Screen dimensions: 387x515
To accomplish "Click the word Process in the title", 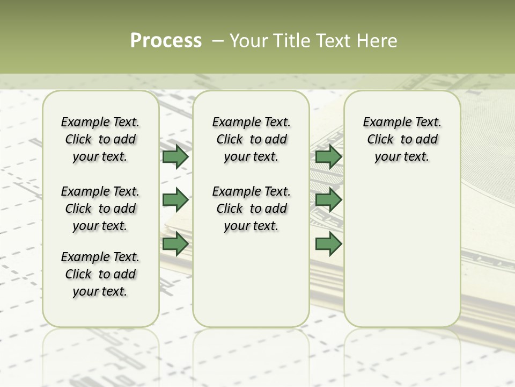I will tap(166, 41).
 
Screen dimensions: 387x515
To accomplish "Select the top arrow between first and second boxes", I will tap(175, 156).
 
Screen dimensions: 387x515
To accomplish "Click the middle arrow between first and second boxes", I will tap(175, 200).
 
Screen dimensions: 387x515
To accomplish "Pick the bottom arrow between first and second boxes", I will tap(175, 244).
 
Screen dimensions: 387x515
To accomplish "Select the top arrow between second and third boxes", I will tap(328, 156).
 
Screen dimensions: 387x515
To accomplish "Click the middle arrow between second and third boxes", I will tap(328, 200).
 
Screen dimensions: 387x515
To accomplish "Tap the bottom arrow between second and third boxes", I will tap(328, 244).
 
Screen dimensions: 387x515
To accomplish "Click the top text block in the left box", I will tap(100, 139).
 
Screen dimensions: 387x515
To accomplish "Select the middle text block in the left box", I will tap(100, 209).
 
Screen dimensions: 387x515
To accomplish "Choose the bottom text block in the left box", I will tap(100, 274).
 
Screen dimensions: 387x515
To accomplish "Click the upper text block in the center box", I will tap(251, 139).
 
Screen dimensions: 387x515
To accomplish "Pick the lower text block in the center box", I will tap(251, 209).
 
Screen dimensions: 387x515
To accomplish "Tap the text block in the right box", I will tap(402, 139).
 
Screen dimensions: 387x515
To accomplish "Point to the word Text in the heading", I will tap(335, 41).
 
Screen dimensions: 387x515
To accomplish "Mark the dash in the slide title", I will tap(218, 41).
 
